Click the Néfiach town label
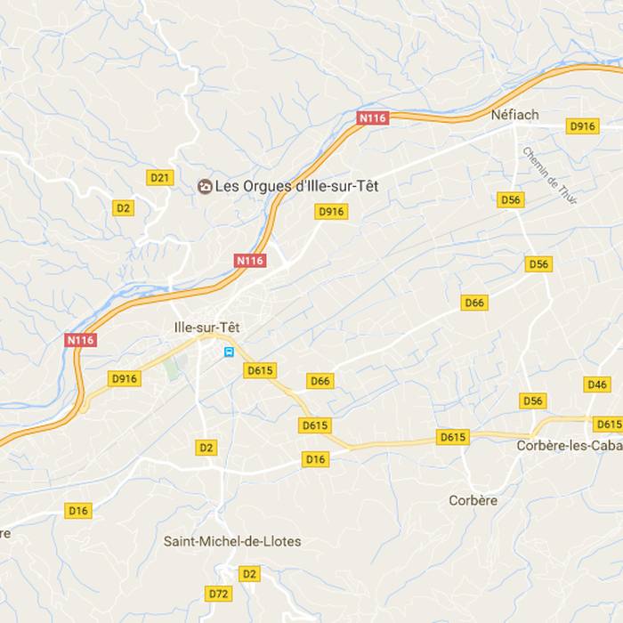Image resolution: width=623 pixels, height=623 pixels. pos(514,115)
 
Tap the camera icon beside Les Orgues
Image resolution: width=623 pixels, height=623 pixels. pos(205,186)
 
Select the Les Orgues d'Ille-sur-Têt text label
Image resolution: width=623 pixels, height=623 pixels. pos(286,186)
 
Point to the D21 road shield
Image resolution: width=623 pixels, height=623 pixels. pos(159,178)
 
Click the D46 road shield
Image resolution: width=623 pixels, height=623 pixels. pos(597,384)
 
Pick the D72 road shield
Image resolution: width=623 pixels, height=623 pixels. pos(218,593)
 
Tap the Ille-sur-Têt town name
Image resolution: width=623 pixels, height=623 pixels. pos(207,327)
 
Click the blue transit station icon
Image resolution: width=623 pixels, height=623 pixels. pos(230,352)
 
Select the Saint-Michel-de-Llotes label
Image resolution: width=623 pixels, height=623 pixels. pos(232,541)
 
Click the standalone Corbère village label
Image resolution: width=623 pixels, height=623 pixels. pos(473,500)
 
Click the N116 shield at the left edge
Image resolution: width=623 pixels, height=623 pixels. pos(80,339)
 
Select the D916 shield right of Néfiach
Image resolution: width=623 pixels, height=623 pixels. pos(581,126)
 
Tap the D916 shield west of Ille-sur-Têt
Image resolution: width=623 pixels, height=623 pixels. pos(125,378)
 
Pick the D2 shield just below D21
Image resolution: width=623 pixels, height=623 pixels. pos(124,208)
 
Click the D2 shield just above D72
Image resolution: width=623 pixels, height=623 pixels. pos(249,574)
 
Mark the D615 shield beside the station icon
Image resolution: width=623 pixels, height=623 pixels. pos(261,370)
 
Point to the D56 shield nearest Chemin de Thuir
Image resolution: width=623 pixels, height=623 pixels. pos(511,200)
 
